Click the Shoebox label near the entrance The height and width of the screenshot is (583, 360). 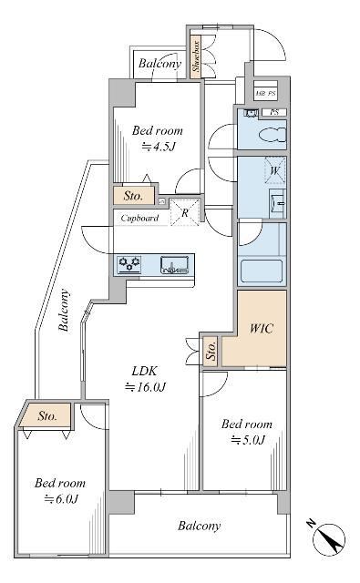point(196,56)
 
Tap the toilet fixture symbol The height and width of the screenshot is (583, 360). point(273,135)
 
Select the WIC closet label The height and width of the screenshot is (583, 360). point(262,328)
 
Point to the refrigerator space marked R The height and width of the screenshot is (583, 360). point(185,213)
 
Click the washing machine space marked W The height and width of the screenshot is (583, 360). point(275,170)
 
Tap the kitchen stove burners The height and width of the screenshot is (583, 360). point(129,263)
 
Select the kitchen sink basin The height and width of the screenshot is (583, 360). point(174,265)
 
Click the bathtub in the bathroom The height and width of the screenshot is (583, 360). point(262,271)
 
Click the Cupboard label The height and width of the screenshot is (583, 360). point(139,218)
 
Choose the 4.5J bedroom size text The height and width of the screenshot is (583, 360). point(159,147)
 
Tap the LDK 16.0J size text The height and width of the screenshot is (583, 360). point(145,387)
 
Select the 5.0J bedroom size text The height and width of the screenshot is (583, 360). point(248,440)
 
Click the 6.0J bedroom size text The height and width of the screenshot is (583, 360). point(61,498)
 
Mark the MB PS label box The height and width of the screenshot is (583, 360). point(266,93)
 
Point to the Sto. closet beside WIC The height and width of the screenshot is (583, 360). point(211,351)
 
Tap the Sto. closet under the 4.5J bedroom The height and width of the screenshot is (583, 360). point(133,196)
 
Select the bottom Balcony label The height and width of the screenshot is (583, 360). point(199,526)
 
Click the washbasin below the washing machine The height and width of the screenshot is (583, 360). point(278,203)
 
